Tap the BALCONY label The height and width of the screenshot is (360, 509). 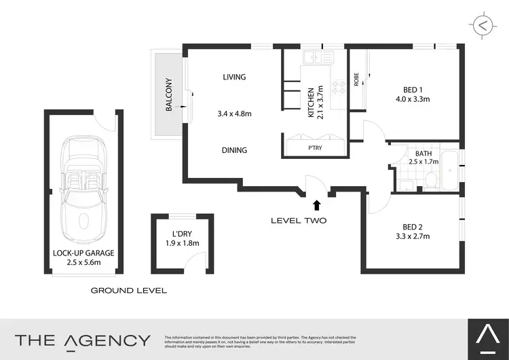169,96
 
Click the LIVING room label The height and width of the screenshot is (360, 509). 234,77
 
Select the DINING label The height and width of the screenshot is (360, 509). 234,150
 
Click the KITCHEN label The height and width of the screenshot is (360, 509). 312,103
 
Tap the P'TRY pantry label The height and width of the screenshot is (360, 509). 315,147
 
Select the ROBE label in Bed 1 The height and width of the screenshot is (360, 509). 356,80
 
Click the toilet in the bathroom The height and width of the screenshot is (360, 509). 430,179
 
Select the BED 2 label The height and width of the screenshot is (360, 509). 408,226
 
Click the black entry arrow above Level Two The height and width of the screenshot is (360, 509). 316,204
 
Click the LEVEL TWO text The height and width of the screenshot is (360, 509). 299,220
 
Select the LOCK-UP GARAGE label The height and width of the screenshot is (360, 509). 83,253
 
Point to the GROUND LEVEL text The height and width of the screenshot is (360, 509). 129,290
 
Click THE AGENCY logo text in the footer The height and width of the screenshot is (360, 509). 82,340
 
